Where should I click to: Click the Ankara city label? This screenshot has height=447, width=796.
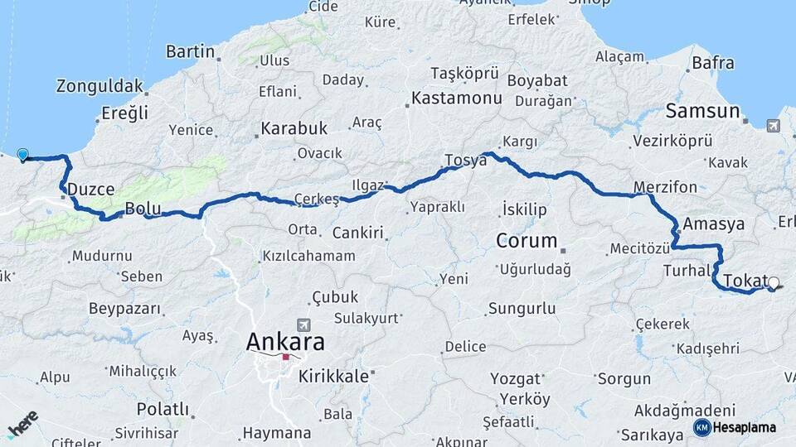[285, 341]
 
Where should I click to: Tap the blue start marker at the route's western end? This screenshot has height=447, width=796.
[22, 155]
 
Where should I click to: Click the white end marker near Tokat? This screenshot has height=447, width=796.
[774, 283]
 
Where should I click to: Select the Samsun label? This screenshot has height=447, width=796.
[701, 111]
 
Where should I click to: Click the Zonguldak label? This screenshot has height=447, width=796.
[100, 86]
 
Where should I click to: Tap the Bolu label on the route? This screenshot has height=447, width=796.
[141, 208]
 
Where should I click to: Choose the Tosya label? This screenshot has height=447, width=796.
[465, 161]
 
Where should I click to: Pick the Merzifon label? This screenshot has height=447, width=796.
[664, 186]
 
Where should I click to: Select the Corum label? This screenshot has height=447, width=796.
[527, 241]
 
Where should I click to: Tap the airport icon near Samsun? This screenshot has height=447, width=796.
[773, 126]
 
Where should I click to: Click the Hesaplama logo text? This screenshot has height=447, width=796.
[744, 427]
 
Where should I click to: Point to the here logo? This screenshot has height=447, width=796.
[22, 423]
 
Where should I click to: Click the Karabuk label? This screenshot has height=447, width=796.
[294, 129]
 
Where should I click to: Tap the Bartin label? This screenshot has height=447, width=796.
[190, 52]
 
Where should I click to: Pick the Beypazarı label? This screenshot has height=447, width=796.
[124, 308]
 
